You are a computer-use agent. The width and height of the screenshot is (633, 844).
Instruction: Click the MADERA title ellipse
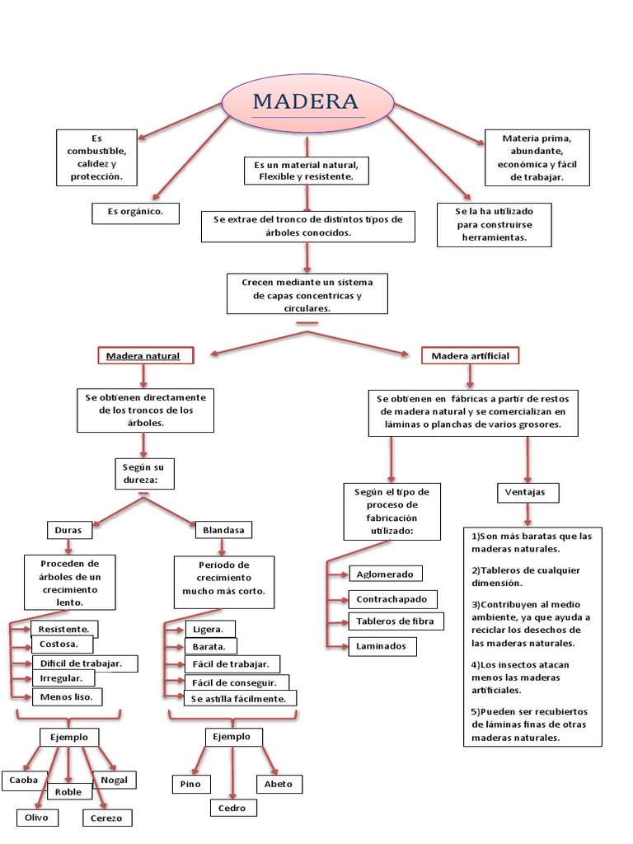point(307,103)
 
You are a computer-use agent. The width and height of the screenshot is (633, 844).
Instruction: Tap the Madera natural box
point(144,356)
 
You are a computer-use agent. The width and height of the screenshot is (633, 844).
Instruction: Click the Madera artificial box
point(471,356)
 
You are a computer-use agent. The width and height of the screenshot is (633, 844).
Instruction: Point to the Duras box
point(68,530)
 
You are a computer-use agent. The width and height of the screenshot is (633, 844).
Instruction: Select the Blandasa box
point(223,530)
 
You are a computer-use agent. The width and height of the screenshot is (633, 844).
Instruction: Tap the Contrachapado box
point(392,599)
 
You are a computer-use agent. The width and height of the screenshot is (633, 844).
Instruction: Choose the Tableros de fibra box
point(396,621)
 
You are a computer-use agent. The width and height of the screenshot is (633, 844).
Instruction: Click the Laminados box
point(382,646)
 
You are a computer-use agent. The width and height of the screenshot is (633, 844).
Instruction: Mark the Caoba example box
point(23,780)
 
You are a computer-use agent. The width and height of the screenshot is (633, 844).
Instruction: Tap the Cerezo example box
point(106,818)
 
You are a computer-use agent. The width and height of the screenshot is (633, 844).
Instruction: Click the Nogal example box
point(115,780)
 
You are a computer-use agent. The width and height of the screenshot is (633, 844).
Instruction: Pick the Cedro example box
point(232,809)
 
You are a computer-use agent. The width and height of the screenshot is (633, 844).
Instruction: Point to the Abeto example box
point(279,784)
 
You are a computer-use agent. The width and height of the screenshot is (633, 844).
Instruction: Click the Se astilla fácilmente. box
point(240,698)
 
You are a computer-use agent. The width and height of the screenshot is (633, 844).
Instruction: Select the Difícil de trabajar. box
point(84,663)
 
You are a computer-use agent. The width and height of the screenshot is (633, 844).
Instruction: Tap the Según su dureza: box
point(143,474)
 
